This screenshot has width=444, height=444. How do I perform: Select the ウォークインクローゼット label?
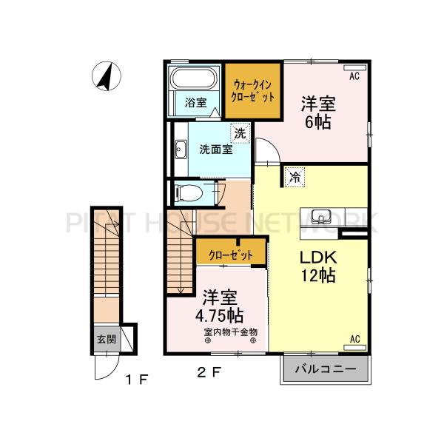click(x=254, y=91)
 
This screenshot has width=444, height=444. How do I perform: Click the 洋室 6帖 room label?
click(x=316, y=112)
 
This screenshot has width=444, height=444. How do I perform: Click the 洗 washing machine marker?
click(x=240, y=133)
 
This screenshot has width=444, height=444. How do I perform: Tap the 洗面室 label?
click(x=215, y=149)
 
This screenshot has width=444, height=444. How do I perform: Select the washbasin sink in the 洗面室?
click(x=180, y=149)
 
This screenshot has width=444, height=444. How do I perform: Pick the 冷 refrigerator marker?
click(x=295, y=177)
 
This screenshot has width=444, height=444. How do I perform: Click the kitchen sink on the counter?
click(x=322, y=218)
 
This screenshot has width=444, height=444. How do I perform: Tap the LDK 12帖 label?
click(x=318, y=266)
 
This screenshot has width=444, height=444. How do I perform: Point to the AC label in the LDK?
click(x=354, y=339)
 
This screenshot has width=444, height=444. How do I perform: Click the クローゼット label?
click(x=230, y=255)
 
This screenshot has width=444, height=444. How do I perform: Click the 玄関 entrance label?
click(x=105, y=340)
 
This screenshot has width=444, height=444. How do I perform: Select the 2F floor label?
click(x=208, y=372)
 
